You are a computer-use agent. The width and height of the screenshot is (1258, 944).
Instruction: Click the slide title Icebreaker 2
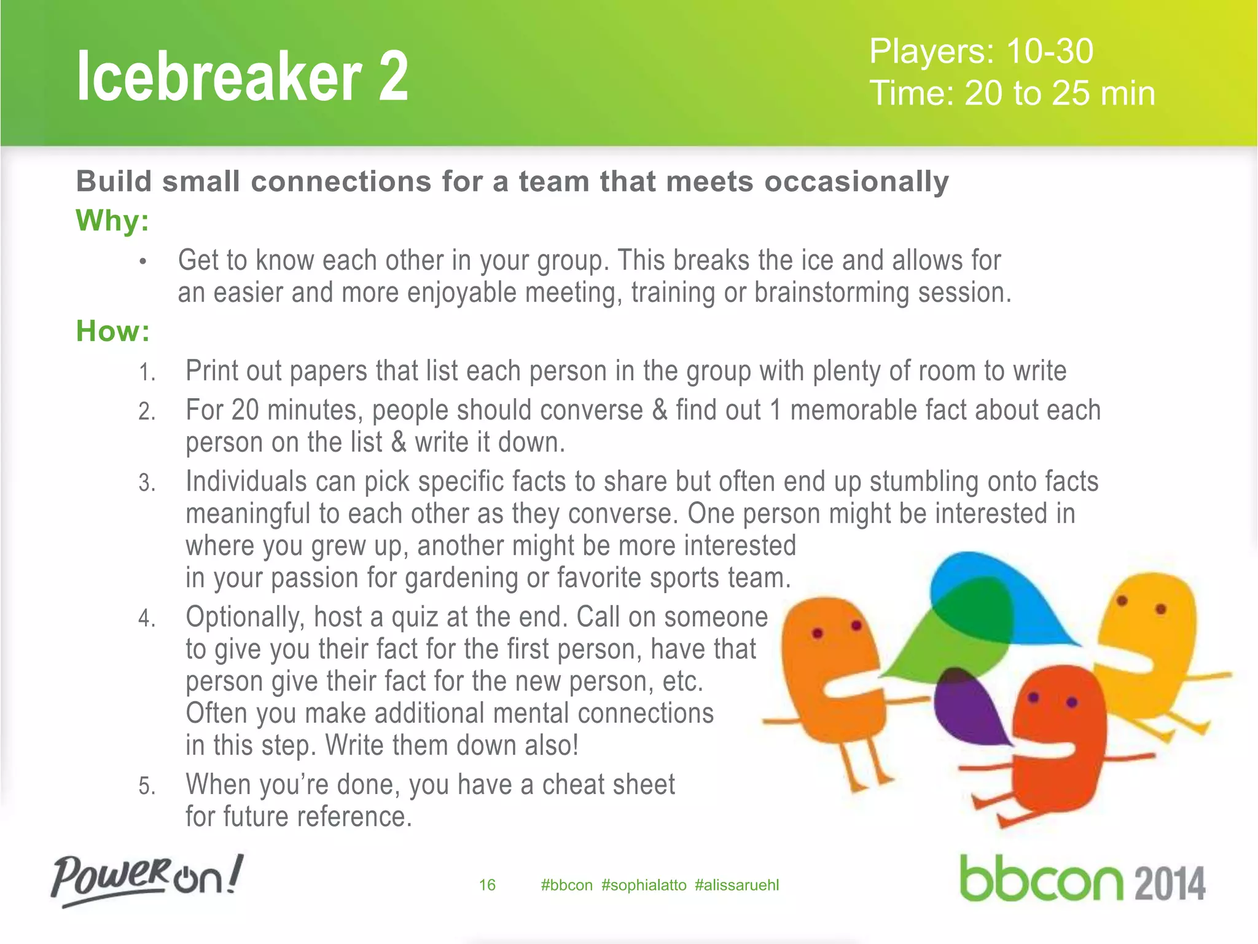(x=242, y=77)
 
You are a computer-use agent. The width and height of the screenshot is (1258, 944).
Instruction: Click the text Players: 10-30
(x=981, y=51)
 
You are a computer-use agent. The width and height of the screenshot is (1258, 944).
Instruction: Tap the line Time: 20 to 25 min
(x=1012, y=93)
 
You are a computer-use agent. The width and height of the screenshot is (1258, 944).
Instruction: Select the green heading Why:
(x=112, y=221)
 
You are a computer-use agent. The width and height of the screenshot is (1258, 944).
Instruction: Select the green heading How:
(x=113, y=331)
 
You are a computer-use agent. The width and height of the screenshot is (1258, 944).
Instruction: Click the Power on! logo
(x=147, y=879)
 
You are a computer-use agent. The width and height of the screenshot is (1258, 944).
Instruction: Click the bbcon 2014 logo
(x=1082, y=880)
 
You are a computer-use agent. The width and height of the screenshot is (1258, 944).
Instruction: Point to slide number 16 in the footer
(x=487, y=885)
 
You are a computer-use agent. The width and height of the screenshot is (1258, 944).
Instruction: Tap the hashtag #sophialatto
(x=644, y=885)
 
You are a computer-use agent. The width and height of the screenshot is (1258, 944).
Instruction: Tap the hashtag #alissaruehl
(x=736, y=885)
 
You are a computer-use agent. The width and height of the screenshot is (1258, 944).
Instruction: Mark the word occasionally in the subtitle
(x=856, y=182)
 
